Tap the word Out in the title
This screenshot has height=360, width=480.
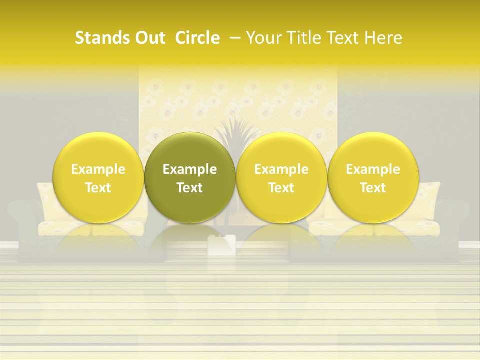[x=149, y=38]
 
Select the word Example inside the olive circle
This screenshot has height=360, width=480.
[x=190, y=169]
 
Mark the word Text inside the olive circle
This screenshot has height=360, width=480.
[x=190, y=188]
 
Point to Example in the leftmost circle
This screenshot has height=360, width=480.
[x=98, y=169]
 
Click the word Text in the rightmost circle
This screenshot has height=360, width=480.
[x=373, y=188]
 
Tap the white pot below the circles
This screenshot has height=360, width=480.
[x=221, y=245]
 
